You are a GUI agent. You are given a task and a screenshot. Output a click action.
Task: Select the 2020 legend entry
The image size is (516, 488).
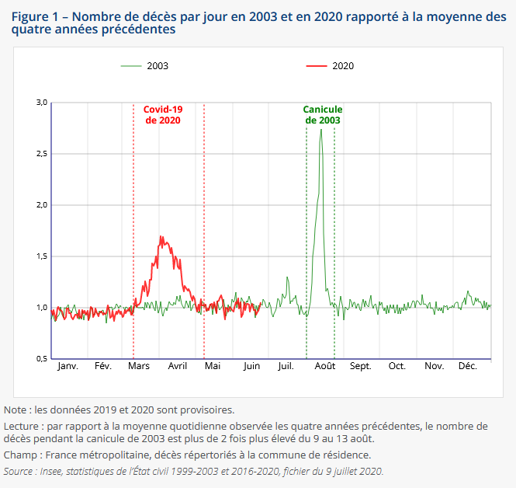tap(342, 66)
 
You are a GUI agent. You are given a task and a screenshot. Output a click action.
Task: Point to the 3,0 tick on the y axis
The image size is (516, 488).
tap(42, 103)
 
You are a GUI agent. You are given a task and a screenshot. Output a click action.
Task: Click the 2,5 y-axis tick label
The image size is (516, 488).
tap(42, 154)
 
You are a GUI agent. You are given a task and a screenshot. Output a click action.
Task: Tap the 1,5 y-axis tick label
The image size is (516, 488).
tap(42, 256)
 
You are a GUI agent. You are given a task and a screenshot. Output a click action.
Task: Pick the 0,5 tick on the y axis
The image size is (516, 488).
tap(42, 359)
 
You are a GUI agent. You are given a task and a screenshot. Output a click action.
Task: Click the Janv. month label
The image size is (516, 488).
tap(68, 366)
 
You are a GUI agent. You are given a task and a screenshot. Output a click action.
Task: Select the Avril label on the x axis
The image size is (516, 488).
tap(177, 366)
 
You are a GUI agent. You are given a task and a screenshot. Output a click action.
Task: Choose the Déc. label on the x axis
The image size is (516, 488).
tap(468, 366)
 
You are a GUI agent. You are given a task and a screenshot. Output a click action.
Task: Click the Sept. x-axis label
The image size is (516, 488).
tap(361, 366)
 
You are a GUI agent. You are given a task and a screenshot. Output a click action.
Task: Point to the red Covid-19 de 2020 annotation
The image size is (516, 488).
tap(163, 115)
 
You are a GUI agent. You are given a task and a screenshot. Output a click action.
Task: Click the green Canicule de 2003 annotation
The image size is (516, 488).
tap(323, 115)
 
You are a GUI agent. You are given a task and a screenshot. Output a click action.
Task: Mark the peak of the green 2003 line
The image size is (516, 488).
tap(320, 129)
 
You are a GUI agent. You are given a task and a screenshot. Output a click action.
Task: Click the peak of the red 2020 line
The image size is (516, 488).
tap(161, 236)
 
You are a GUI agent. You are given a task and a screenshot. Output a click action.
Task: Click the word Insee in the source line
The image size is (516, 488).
tap(53, 471)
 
